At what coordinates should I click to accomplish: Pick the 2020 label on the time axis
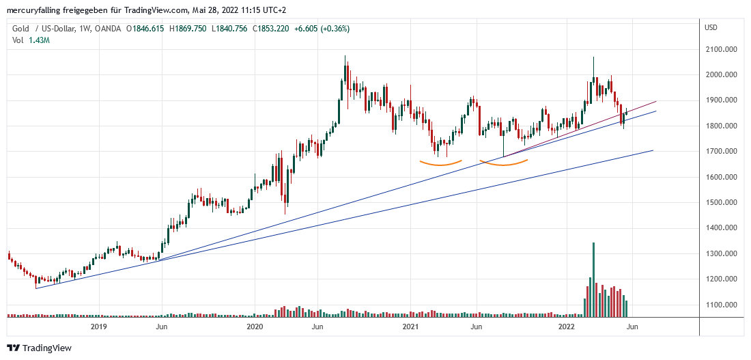[x=255, y=327]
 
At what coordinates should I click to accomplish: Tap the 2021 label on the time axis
[x=410, y=327]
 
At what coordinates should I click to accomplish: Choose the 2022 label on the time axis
[x=567, y=327]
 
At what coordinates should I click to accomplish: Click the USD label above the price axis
[x=711, y=27]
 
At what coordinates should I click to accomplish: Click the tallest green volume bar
[x=593, y=280]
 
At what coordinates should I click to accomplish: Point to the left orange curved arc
[x=440, y=163]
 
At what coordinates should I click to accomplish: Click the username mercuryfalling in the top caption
[x=33, y=10]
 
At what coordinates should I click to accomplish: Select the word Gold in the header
[x=22, y=28]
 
